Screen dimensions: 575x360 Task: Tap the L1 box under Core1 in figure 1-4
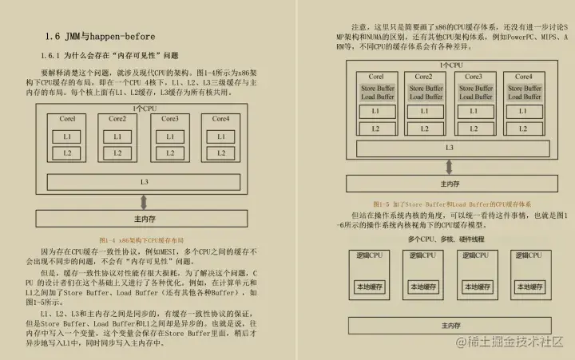[x=68, y=136]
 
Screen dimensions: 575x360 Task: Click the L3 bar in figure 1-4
[x=145, y=182]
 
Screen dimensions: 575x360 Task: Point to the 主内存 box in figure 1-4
[x=145, y=217]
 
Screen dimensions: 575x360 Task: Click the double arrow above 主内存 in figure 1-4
[x=145, y=200]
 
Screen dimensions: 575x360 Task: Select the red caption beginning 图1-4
[x=141, y=239]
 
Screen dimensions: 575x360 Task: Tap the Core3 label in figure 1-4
[x=169, y=119]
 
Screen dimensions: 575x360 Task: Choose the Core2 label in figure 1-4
[x=118, y=119]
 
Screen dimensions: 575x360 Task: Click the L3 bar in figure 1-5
[x=450, y=148]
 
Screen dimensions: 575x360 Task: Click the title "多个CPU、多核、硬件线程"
[x=448, y=239]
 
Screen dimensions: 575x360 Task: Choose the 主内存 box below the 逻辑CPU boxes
[x=450, y=326]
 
